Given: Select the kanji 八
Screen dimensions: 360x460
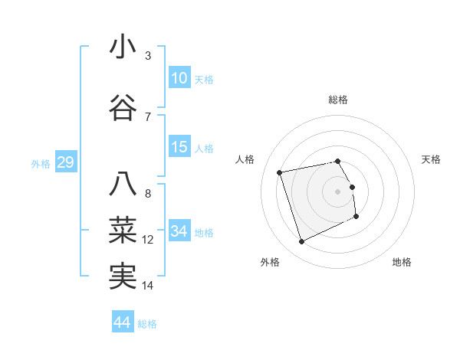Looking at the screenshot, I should [123, 184].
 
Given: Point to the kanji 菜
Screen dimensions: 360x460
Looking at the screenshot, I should [123, 230].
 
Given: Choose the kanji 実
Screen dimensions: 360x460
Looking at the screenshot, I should [123, 276].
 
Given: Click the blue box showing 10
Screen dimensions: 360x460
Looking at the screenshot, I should [179, 78].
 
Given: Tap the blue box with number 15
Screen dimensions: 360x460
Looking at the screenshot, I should [179, 147].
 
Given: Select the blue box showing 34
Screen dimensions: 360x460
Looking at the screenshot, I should [179, 231].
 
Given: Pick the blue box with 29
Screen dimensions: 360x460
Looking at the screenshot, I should [65, 162].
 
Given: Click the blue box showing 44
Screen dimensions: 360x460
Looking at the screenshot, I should [123, 322].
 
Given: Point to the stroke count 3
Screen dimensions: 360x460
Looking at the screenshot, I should [148, 55].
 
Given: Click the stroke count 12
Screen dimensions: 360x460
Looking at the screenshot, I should [148, 240].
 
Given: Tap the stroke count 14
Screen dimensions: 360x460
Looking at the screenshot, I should [148, 286].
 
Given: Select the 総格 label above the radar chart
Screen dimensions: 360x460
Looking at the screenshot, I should [338, 100].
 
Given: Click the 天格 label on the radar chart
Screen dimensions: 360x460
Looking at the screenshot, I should [431, 159].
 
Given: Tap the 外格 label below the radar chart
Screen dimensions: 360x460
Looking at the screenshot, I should [270, 262].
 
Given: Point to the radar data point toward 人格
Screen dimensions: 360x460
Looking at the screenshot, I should [280, 172].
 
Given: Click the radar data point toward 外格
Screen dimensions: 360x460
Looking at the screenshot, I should [301, 242].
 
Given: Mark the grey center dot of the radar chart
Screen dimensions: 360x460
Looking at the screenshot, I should [338, 191].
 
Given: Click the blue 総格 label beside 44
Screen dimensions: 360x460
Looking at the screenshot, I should [147, 324].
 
